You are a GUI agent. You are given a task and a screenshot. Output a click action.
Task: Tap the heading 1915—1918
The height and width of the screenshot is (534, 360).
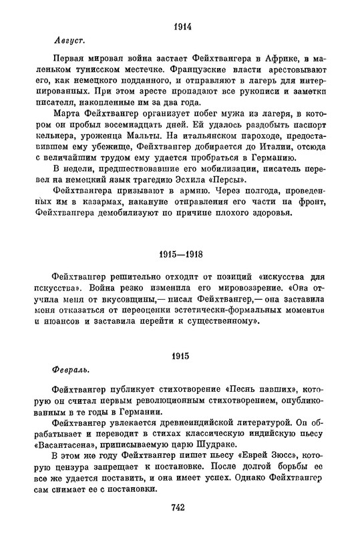(182, 258)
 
